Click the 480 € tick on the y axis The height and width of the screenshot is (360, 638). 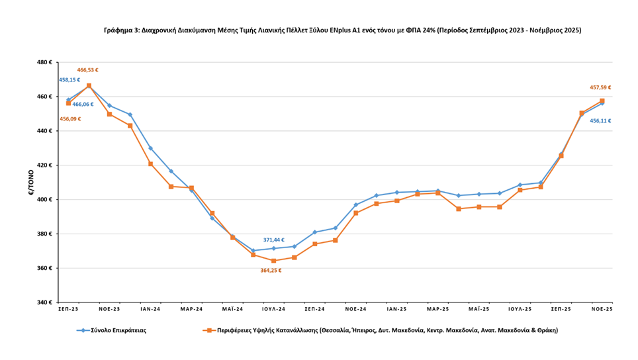(44, 62)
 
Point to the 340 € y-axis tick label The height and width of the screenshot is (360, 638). (44, 302)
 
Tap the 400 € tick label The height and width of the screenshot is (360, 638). (44, 199)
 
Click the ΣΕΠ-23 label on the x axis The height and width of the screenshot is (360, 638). (68, 309)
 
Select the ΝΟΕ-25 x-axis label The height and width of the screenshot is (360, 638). (602, 309)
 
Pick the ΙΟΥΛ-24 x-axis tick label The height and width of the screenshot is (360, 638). (273, 309)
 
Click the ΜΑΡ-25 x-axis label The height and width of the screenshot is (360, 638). (437, 309)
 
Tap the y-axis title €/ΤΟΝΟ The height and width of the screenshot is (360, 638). (30, 182)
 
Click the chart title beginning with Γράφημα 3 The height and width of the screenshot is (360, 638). (342, 30)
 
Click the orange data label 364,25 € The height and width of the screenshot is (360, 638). (271, 270)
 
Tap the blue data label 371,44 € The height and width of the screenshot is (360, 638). (274, 240)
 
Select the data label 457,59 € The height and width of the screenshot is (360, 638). (600, 87)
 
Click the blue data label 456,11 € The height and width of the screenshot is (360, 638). (600, 121)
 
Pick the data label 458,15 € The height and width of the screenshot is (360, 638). (69, 80)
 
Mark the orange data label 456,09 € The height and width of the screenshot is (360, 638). (70, 119)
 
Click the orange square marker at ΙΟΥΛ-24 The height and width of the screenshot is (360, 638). (273, 261)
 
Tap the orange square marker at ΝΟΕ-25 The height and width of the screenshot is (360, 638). (602, 101)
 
